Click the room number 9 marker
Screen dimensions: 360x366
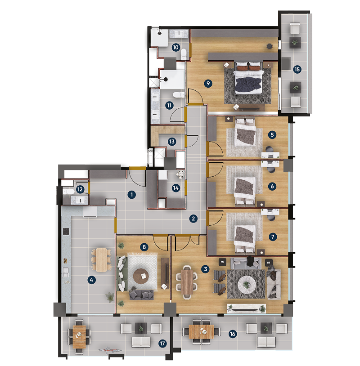(x=208, y=83)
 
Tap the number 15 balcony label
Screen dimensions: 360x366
(x=297, y=69)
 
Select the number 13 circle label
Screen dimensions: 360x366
(x=172, y=142)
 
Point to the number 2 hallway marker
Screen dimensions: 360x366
(x=193, y=219)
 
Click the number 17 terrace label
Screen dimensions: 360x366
(x=162, y=343)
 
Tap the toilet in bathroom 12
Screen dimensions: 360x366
(x=69, y=192)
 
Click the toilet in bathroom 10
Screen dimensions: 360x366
(x=184, y=54)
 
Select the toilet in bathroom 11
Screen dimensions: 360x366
(x=179, y=95)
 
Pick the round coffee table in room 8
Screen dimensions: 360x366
(x=141, y=276)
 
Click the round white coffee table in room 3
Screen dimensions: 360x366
(x=247, y=284)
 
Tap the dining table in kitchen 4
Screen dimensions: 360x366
(x=101, y=260)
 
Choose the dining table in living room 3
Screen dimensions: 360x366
(x=187, y=282)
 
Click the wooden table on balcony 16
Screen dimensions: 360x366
(x=201, y=332)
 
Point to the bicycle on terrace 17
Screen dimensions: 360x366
(x=110, y=350)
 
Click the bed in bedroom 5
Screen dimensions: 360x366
(x=245, y=132)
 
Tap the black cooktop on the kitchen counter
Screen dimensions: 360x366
(x=66, y=231)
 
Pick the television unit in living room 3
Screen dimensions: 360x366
(x=247, y=308)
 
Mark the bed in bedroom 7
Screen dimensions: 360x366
(x=245, y=240)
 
